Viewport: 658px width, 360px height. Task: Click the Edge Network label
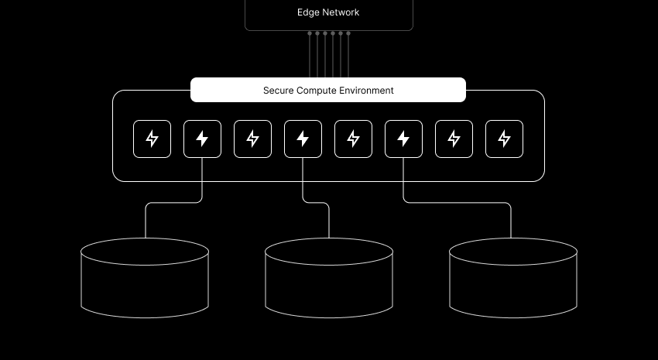click(x=328, y=12)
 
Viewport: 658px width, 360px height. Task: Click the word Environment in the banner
click(x=365, y=91)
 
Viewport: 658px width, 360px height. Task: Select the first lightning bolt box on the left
click(x=152, y=139)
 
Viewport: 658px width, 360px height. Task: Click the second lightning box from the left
click(x=202, y=139)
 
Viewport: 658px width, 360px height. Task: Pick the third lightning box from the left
click(x=252, y=139)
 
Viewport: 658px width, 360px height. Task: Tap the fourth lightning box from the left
click(x=303, y=139)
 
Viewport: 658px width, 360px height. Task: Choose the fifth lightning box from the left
click(x=353, y=139)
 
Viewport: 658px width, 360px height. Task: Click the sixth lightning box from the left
click(x=403, y=139)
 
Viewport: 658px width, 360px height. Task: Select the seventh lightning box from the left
click(x=454, y=139)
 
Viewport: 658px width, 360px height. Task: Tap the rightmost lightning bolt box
click(x=504, y=139)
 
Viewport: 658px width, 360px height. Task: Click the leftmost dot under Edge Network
click(x=310, y=33)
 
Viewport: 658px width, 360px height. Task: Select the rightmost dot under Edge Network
click(x=348, y=33)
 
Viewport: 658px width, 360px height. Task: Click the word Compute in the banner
click(x=318, y=91)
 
